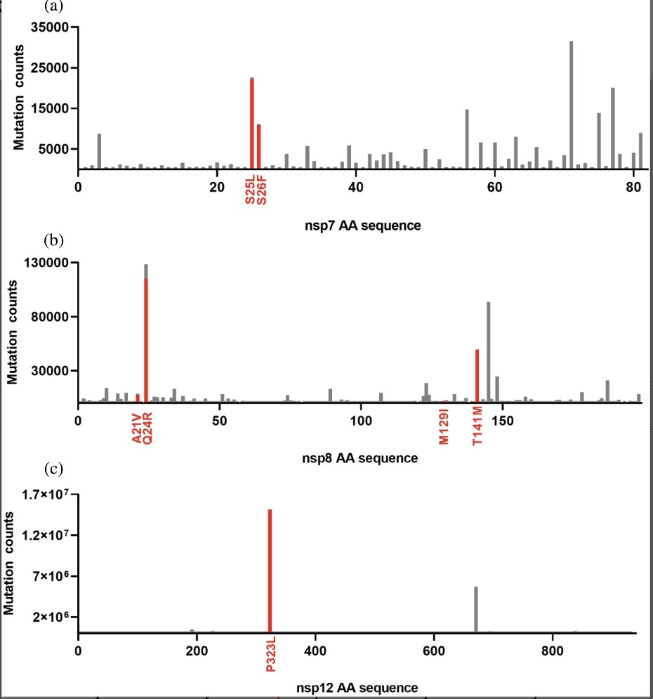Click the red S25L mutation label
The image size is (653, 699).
coord(251,190)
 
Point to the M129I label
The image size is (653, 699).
coord(444,428)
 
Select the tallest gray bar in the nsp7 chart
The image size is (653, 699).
coord(571,105)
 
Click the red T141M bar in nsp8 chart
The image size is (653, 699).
coord(477,376)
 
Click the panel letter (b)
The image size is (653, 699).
coord(53,242)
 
